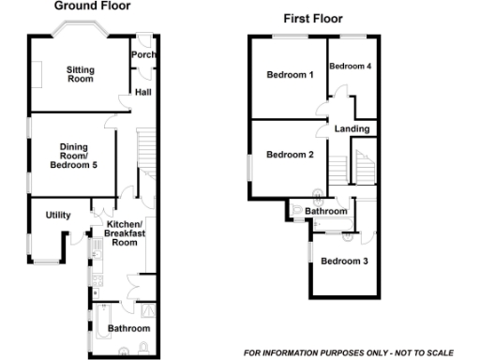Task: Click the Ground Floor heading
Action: tap(92, 6)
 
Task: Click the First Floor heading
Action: tap(313, 18)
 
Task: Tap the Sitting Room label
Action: tap(81, 74)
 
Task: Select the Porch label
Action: tap(143, 55)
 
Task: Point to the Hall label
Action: tap(143, 93)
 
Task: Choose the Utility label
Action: tap(58, 216)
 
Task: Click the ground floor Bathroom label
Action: tap(127, 329)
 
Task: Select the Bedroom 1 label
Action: tap(290, 75)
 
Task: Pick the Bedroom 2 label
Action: tap(290, 155)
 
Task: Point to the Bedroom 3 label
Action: tap(344, 261)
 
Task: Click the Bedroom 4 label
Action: tap(351, 67)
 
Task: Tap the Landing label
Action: tap(352, 128)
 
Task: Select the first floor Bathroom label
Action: tap(326, 212)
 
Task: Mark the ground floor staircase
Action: tap(145, 155)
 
